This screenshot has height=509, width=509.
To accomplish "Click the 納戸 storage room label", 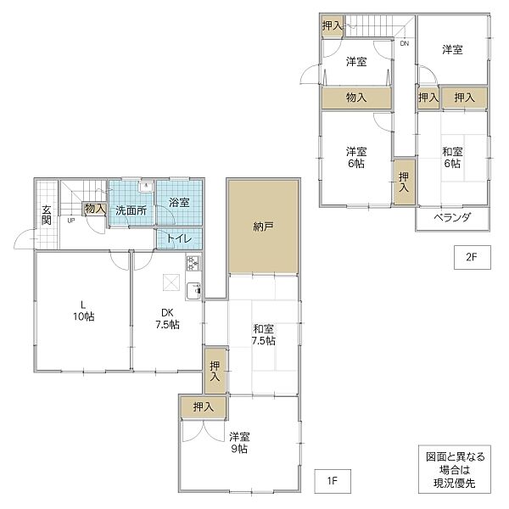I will point(263,227).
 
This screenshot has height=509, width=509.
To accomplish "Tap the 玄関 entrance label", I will point(47,215).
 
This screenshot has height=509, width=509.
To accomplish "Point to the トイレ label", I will point(178,238).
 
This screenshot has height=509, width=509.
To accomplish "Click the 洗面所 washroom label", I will point(131,210).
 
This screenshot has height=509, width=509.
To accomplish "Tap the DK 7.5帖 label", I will point(166,317).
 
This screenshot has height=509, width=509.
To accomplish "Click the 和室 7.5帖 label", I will point(263,333).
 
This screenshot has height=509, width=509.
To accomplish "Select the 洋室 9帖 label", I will point(239,443).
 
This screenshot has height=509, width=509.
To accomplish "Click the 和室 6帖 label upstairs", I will point(451,157).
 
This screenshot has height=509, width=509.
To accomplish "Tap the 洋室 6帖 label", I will point(355,157).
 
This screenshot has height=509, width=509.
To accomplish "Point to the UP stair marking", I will point(70,221).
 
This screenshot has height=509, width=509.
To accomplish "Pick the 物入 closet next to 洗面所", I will point(94,209).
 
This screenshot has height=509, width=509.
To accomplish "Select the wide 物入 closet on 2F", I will point(356,98).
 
